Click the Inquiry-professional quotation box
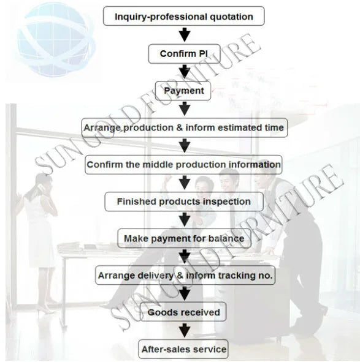point(183,16)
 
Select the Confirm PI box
point(184,54)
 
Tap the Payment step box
point(183,91)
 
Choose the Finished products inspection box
point(184,202)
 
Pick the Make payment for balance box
point(184,238)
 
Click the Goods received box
point(183,312)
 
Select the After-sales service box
point(183,349)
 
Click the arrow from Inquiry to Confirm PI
point(185,35)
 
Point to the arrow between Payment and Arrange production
point(185,109)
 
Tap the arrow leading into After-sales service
point(185,331)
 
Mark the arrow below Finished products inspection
point(185,219)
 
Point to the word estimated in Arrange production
point(240,127)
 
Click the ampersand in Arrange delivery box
point(180,276)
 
